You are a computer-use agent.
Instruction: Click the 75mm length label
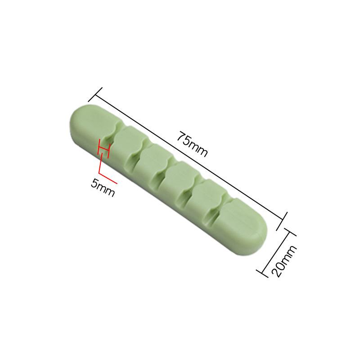[192, 144]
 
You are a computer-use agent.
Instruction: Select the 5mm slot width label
[103, 188]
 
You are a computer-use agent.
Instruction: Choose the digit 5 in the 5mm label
[95, 183]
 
